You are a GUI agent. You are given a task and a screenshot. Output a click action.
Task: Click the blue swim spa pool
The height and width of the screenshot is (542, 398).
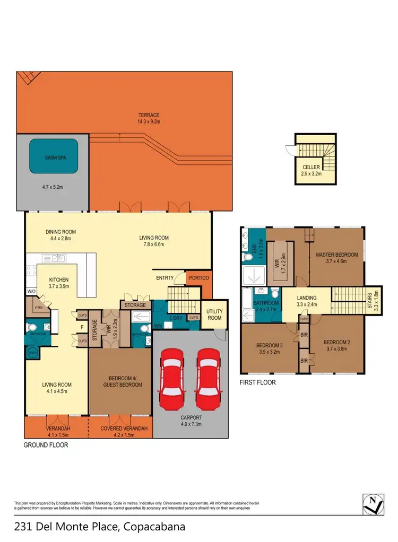click(x=53, y=156)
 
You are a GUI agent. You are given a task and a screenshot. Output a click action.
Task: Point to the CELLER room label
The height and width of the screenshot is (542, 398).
click(x=311, y=167)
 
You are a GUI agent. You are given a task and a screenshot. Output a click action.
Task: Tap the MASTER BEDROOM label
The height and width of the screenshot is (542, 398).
click(x=337, y=255)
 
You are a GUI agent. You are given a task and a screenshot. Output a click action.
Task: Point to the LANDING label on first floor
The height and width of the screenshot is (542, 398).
click(x=307, y=298)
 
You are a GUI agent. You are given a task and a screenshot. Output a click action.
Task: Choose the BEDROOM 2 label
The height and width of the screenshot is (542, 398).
click(x=337, y=342)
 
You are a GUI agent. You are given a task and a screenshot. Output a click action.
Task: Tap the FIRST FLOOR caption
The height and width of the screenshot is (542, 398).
click(x=258, y=382)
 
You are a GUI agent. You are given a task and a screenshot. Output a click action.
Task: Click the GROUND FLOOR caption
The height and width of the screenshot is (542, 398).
click(x=46, y=445)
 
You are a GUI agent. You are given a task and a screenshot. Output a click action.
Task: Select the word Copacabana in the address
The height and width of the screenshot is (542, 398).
click(x=154, y=527)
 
